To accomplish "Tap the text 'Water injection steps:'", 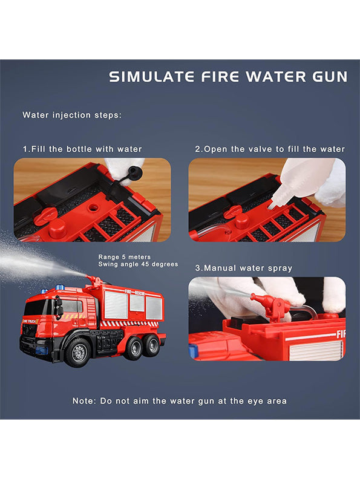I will [x=72, y=114].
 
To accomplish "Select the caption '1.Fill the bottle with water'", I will [x=82, y=149].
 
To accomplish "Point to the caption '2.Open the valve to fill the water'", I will [x=270, y=149].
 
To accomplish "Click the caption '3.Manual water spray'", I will [x=244, y=267].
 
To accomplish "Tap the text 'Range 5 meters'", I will [x=125, y=257].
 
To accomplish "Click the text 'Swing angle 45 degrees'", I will [x=138, y=264].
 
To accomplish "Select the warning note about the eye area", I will [x=180, y=400].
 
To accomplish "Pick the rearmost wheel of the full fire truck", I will [x=152, y=345].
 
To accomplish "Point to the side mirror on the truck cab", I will [x=59, y=307].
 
